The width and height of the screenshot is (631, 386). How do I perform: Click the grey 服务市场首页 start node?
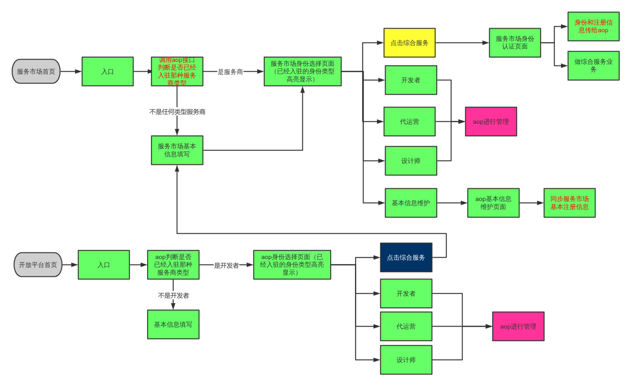36,71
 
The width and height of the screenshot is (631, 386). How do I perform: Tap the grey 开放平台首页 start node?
38,265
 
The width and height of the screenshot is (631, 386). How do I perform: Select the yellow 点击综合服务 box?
409,43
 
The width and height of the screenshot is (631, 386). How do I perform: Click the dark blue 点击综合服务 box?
406,257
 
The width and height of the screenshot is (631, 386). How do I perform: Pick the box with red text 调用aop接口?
177,71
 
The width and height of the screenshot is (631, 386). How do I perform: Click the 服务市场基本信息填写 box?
177,150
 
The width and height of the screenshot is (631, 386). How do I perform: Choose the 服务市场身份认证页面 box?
515,43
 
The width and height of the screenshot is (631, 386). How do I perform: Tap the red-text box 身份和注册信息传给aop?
593,26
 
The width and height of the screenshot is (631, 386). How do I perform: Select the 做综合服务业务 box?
593,65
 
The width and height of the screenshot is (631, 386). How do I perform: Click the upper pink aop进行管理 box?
491,121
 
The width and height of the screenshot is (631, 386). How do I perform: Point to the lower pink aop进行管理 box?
518,326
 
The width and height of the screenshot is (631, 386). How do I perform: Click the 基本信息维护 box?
411,203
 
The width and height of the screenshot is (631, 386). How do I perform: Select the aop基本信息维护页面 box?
493,203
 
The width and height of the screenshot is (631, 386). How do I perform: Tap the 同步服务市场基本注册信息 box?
569,203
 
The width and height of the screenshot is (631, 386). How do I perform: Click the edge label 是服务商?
230,72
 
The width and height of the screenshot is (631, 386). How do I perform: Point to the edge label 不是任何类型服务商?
177,112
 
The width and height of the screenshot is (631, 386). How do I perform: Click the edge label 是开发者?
226,265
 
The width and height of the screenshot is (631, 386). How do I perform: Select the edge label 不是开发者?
173,295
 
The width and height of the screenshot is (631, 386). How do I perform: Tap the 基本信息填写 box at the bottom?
173,324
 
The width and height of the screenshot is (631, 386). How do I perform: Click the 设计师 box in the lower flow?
406,360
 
